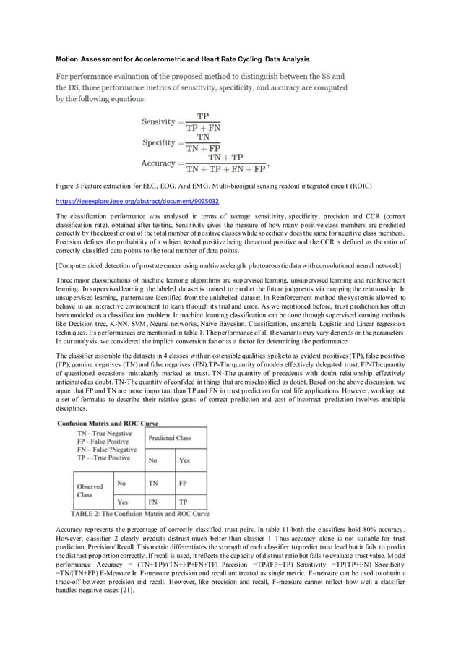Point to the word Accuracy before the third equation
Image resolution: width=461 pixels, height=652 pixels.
[161, 163]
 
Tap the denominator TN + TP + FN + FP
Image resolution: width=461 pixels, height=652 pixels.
[225, 170]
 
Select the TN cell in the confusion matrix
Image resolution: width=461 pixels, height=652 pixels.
[153, 482]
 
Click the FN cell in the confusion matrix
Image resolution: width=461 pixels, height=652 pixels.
[153, 500]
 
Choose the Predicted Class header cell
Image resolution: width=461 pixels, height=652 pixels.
[171, 438]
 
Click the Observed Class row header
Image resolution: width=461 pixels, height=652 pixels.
[91, 491]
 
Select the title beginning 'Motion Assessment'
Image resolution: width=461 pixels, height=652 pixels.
[183, 58]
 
